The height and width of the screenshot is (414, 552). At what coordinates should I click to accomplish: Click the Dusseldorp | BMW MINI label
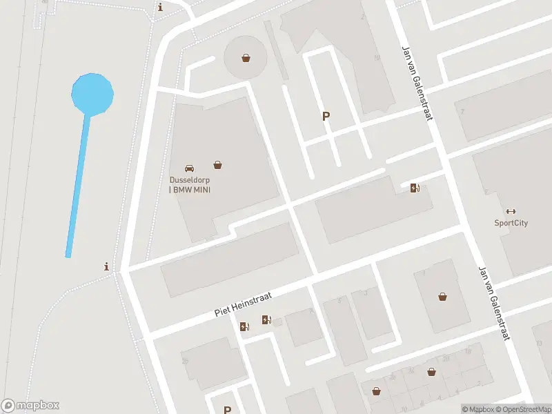tap(190, 185)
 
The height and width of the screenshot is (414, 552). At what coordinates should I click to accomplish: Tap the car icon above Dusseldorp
tap(189, 168)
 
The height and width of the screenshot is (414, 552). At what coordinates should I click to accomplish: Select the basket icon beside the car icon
tap(218, 165)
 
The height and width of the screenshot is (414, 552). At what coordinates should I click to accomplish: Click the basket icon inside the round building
tap(246, 58)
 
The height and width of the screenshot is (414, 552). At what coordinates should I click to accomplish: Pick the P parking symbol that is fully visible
tap(326, 117)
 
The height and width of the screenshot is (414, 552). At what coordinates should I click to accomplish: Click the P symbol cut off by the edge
tap(227, 410)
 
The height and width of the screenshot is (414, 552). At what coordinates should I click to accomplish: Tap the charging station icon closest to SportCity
tap(415, 188)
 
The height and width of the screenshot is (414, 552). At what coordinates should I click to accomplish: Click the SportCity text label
tap(511, 223)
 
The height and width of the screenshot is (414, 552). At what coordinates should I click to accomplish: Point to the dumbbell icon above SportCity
tap(511, 212)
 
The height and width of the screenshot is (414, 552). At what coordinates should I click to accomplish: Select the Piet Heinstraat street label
tap(243, 304)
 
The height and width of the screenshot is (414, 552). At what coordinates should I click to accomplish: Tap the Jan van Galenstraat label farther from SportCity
tap(417, 83)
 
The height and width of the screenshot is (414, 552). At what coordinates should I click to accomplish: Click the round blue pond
tap(92, 94)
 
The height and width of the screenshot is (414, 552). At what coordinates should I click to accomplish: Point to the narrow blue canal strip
tap(78, 186)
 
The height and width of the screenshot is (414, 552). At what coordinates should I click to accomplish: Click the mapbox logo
tap(30, 406)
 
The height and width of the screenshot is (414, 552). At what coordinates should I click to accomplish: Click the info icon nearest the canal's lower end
tap(106, 266)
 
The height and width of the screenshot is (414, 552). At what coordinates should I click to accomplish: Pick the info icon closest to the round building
tap(161, 8)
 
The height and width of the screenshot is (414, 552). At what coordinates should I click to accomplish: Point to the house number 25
tap(184, 360)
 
